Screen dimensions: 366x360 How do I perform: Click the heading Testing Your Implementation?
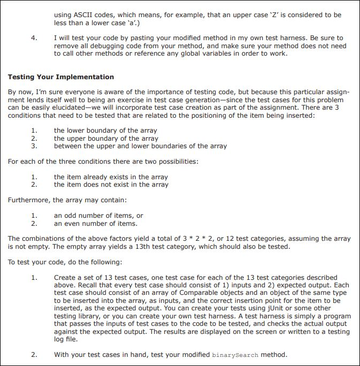click(x=60, y=77)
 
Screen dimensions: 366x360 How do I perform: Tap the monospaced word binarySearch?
click(x=235, y=355)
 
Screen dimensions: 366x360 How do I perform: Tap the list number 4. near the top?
click(x=34, y=38)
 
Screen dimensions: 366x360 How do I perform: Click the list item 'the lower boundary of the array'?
click(x=105, y=131)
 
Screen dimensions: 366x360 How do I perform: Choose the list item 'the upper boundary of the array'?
click(x=106, y=138)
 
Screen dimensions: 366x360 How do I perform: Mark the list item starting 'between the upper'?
click(x=140, y=146)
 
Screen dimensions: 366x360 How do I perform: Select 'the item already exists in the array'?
click(x=111, y=177)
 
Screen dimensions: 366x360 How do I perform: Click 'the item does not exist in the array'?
click(x=111, y=185)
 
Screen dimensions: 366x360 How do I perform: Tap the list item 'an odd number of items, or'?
click(x=98, y=216)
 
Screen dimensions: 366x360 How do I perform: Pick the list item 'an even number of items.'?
click(x=95, y=223)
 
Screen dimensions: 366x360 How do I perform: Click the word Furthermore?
click(x=29, y=200)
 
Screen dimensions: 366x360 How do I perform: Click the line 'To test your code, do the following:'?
click(x=65, y=262)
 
